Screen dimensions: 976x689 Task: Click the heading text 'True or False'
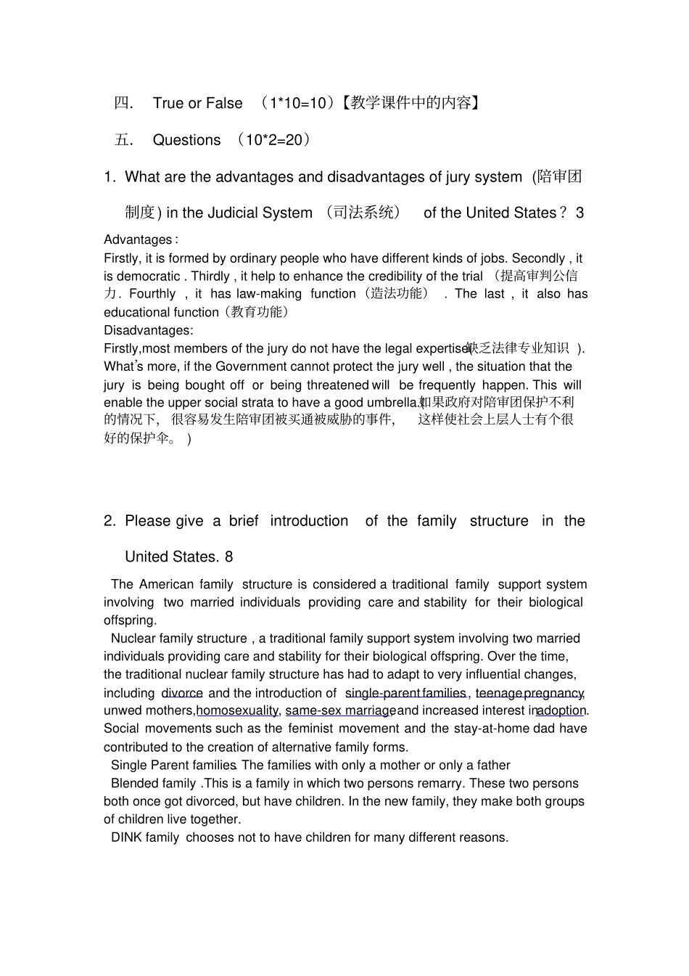[x=197, y=103]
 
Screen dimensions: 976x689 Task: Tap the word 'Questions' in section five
[x=186, y=140]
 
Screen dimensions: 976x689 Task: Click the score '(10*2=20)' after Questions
[x=273, y=140]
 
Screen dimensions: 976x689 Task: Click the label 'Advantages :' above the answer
[x=140, y=239]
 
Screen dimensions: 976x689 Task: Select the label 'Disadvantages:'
[x=148, y=330]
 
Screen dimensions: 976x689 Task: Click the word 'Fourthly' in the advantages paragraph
[x=152, y=294]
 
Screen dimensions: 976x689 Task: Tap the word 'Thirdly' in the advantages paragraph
[x=210, y=276]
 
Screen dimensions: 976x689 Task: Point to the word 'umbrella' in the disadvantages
[x=393, y=403]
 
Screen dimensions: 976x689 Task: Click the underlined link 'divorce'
[x=182, y=693]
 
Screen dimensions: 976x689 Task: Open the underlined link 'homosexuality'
[x=237, y=710]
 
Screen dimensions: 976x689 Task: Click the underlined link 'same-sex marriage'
[x=340, y=710]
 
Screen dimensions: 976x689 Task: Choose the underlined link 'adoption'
[x=561, y=710]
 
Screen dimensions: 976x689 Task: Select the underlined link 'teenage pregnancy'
[x=529, y=693]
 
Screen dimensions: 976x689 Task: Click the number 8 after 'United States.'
[x=228, y=557]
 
